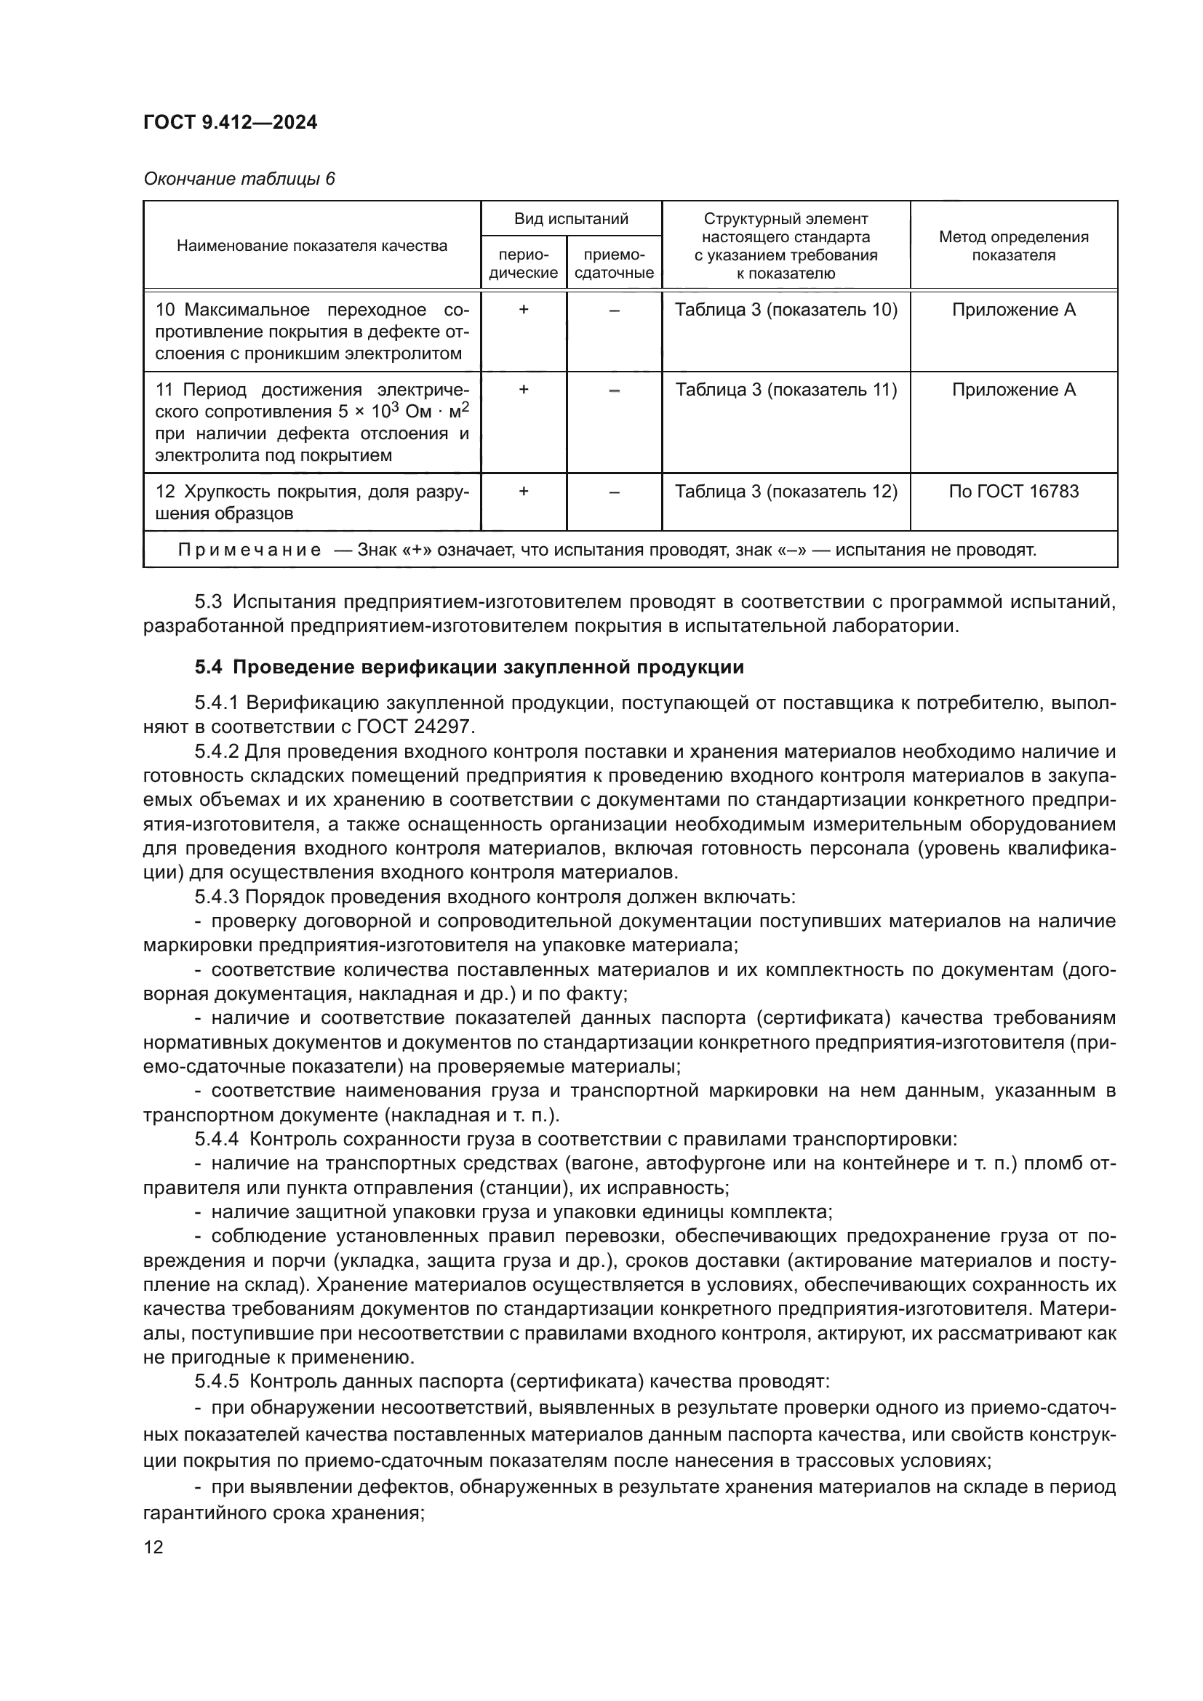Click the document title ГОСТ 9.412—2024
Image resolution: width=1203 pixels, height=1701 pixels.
point(231,122)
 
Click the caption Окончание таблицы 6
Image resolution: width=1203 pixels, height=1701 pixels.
point(239,180)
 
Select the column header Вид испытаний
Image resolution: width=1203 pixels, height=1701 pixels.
point(571,219)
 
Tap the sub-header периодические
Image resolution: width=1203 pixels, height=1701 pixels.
point(524,264)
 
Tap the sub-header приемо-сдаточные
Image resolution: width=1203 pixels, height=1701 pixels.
point(614,264)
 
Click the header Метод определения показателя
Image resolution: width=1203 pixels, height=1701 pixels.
point(1013,246)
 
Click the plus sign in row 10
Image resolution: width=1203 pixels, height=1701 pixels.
point(524,311)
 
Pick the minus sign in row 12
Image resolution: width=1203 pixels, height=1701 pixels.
point(614,492)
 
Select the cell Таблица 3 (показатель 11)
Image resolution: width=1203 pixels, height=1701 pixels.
point(786,391)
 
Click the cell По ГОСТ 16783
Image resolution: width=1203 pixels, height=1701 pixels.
point(1013,492)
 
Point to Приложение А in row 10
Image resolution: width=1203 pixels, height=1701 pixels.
point(1013,311)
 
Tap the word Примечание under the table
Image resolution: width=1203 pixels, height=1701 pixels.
point(249,551)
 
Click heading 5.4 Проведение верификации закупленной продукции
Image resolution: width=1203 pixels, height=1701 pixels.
point(469,668)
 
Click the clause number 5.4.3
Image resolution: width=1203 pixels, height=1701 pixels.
point(217,897)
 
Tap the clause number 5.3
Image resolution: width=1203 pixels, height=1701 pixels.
point(209,601)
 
